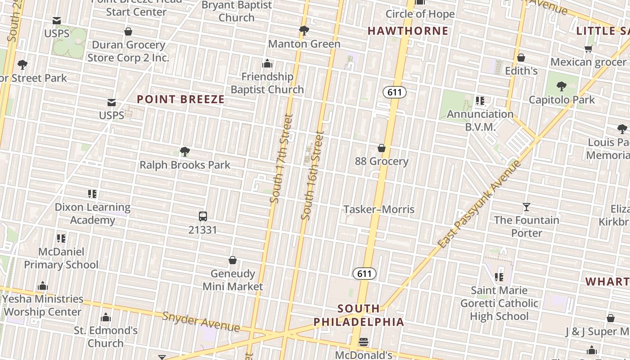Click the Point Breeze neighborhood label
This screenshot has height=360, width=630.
(180, 99)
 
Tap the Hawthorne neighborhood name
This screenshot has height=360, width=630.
(408, 31)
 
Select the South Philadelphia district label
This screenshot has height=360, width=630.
(359, 315)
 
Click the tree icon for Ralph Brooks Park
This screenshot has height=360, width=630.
(184, 151)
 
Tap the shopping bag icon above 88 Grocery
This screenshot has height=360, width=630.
(382, 148)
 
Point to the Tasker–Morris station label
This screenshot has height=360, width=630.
(379, 209)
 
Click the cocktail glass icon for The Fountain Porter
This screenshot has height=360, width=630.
(526, 207)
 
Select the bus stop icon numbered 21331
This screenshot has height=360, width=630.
(203, 216)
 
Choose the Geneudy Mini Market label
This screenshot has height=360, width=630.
(233, 280)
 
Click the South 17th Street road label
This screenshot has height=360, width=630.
(282, 158)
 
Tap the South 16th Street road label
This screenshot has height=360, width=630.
(313, 175)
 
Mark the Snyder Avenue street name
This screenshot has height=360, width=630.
(201, 321)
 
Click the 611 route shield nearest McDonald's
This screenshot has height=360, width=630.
(364, 274)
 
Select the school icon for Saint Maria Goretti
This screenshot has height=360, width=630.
(499, 277)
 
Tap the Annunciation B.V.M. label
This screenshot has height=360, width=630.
(480, 120)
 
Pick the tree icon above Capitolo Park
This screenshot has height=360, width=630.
(561, 86)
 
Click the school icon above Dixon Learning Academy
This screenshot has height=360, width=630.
(92, 194)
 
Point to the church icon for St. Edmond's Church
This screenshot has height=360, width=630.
(106, 318)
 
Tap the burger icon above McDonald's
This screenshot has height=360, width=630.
(364, 342)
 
